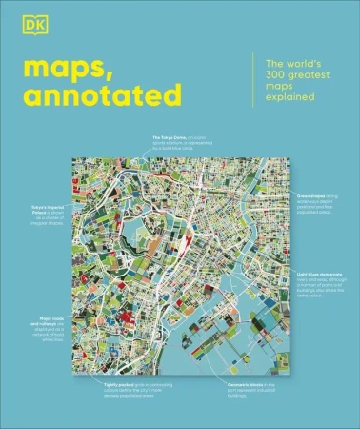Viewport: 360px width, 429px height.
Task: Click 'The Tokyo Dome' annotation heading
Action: pyautogui.click(x=168, y=137)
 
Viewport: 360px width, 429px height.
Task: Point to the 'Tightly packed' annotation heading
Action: pyautogui.click(x=125, y=384)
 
